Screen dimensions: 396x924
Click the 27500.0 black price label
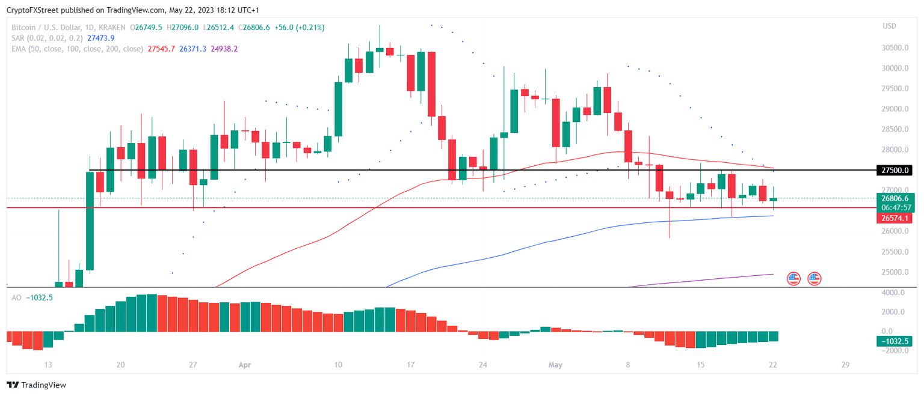tap(895, 171)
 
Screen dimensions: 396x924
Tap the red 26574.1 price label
tap(895, 218)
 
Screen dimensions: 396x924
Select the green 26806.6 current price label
tap(895, 198)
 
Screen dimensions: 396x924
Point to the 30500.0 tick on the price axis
tap(895, 48)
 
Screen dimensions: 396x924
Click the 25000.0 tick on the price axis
tap(895, 272)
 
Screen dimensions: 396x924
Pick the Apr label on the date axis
tap(244, 364)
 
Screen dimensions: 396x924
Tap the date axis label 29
tap(845, 364)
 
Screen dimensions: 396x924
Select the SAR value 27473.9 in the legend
tap(100, 38)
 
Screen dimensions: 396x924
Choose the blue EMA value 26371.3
tap(192, 49)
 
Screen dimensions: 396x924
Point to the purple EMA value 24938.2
tap(224, 49)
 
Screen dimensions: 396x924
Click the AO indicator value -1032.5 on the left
tap(40, 297)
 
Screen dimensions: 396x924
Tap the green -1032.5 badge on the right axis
tap(895, 341)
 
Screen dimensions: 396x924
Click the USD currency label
tap(889, 26)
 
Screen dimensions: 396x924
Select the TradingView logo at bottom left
tap(37, 385)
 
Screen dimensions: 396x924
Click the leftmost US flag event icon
tap(793, 278)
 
